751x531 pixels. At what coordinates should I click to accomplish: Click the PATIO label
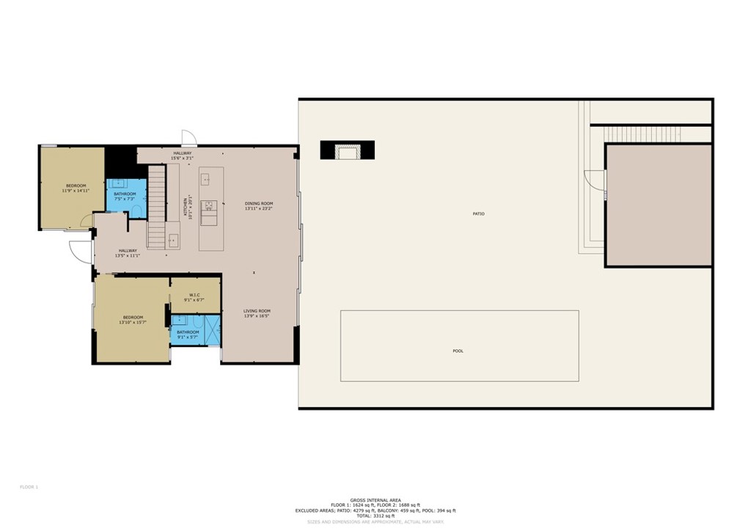[x=478, y=213]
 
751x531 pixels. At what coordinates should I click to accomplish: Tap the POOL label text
[x=458, y=351]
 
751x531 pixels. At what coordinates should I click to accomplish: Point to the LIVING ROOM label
[x=257, y=311]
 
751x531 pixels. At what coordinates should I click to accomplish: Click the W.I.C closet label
[x=194, y=295]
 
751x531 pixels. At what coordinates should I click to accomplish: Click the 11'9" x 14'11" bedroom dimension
[x=76, y=191]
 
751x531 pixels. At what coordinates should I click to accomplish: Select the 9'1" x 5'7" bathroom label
[x=188, y=337]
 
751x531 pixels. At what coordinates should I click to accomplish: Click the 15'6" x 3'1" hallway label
[x=182, y=158]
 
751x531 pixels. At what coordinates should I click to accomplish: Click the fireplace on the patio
[x=348, y=150]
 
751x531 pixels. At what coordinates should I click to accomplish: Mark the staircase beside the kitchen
[x=157, y=207]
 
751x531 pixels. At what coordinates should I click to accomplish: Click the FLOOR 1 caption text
[x=29, y=487]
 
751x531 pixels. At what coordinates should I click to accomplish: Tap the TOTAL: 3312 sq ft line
[x=375, y=516]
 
